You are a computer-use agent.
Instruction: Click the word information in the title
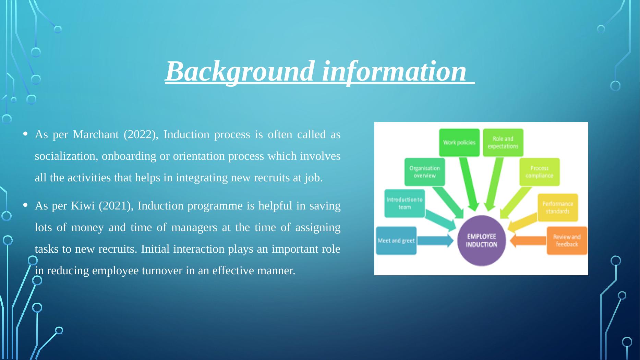(x=394, y=71)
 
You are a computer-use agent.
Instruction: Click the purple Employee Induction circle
(x=481, y=241)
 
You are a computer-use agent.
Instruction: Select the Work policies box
(x=459, y=142)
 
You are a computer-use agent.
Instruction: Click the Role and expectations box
(x=503, y=142)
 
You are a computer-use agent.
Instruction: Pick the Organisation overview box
(x=424, y=172)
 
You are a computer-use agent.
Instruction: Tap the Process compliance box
(x=539, y=172)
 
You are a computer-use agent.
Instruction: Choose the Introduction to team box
(x=404, y=203)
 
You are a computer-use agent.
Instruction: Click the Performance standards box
(x=557, y=207)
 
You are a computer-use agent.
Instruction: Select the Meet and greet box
(x=396, y=241)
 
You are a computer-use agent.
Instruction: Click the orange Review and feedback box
(x=567, y=241)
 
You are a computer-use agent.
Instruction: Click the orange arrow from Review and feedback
(x=528, y=241)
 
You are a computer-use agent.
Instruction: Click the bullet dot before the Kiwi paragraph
(x=26, y=205)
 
